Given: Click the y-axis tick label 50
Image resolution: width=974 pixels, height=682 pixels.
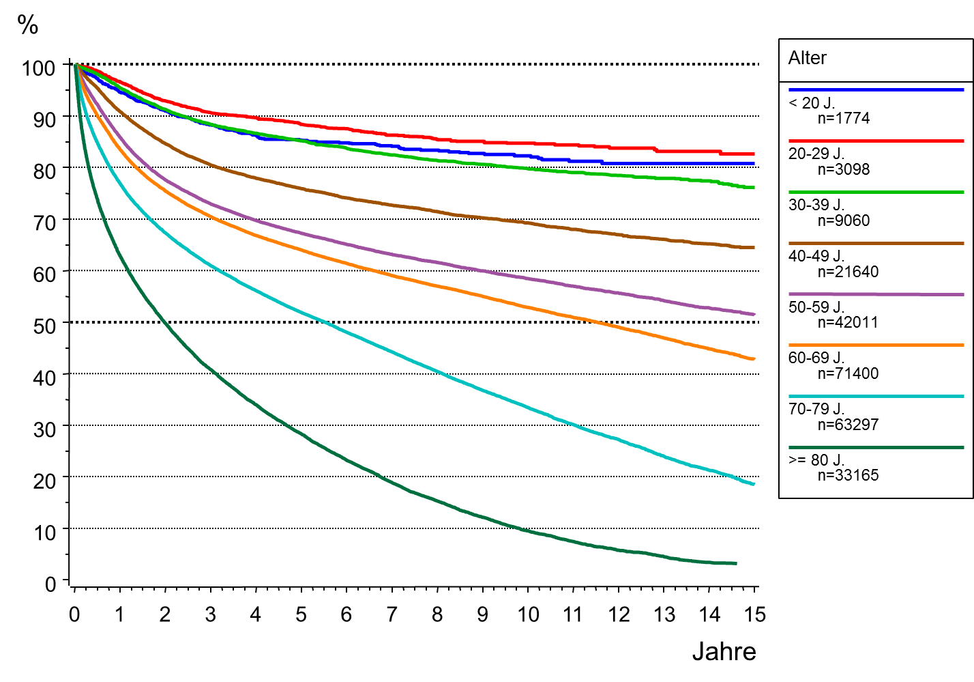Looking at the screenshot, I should tap(44, 325).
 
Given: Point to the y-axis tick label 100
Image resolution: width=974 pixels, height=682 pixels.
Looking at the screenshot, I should tap(38, 68).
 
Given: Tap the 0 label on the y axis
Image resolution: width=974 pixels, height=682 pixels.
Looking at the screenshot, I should tap(50, 584).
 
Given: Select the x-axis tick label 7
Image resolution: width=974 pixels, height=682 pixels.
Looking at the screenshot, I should tap(392, 614).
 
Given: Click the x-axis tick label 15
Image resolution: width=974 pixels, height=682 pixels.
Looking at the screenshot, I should tap(754, 614).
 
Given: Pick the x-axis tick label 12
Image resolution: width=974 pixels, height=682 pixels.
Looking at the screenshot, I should tap(619, 614).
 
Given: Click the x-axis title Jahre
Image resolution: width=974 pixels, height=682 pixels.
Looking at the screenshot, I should tap(724, 651).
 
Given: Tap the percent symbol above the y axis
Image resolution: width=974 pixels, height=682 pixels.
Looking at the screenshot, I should tap(28, 25).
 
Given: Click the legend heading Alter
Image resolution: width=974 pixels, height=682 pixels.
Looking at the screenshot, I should tap(807, 58).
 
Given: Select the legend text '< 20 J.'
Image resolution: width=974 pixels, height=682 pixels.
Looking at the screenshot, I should tap(811, 103).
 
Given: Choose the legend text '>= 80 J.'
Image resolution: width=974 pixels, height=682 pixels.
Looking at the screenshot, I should tap(816, 460).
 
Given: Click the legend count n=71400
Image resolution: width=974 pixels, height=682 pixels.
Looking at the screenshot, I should tap(848, 373).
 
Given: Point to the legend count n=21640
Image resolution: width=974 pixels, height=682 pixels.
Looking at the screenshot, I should tap(848, 272).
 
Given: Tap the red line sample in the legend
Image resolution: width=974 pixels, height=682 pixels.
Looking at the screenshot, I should tap(876, 141).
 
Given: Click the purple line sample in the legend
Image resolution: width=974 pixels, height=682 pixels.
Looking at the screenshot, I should tap(876, 294).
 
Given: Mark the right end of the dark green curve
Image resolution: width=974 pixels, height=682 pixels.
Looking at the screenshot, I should tap(736, 563).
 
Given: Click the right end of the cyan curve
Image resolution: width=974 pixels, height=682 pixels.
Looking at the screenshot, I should tap(754, 483).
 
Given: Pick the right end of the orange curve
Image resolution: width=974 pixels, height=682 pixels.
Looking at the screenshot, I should tap(754, 359).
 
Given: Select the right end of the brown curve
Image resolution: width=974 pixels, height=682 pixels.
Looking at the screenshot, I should tap(754, 247).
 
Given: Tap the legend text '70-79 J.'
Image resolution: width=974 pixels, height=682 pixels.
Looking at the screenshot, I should tap(816, 409).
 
